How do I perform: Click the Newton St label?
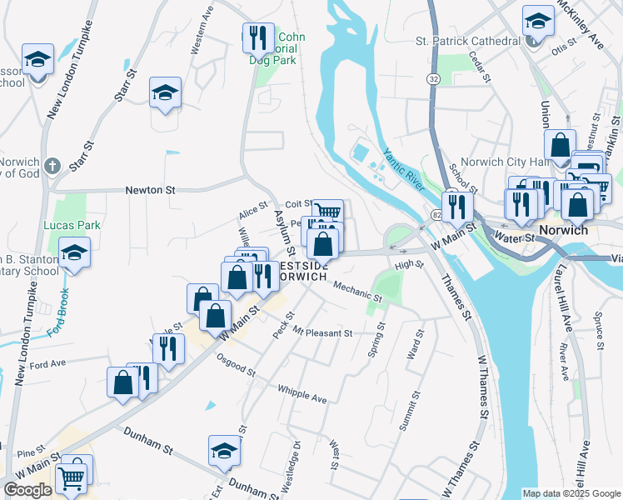150,190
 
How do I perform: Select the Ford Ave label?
47,364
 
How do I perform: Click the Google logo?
27,490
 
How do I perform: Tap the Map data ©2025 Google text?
571,493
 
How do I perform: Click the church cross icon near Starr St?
52,164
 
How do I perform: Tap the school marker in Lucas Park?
75,253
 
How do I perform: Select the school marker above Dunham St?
224,450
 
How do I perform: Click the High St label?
409,265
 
